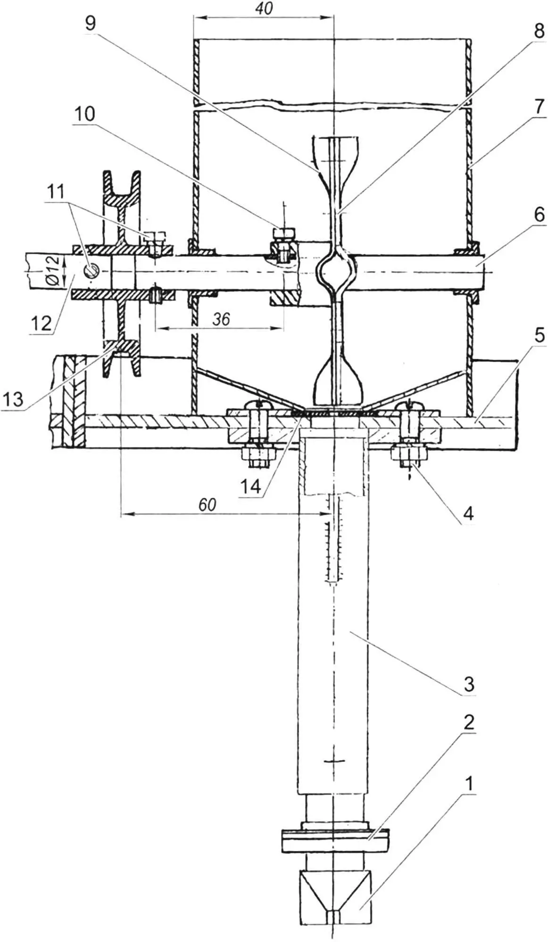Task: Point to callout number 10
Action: [x=84, y=114]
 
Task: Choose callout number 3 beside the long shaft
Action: [x=468, y=683]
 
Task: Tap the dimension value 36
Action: [x=221, y=319]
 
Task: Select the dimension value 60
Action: [x=207, y=504]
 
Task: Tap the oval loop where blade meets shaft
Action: [x=334, y=271]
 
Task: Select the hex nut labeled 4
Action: [x=408, y=455]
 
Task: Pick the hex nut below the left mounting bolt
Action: [x=257, y=455]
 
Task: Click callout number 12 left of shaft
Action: [x=41, y=323]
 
